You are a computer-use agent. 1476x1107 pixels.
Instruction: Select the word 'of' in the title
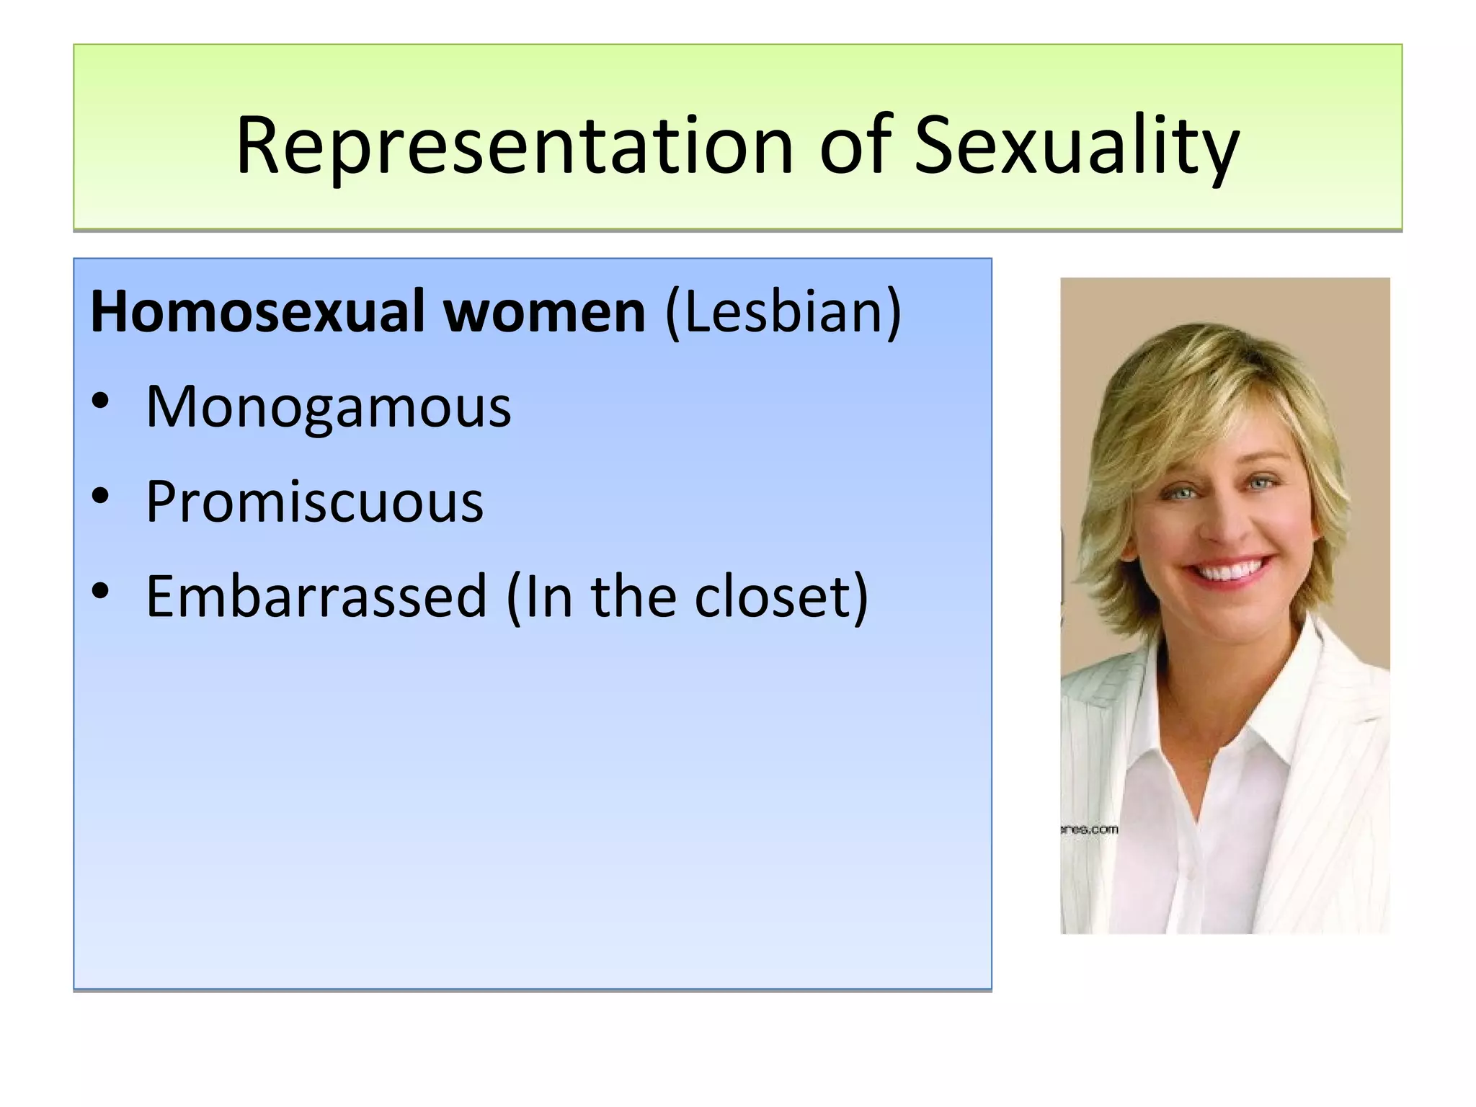[x=855, y=146]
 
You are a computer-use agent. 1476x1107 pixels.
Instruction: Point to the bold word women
[x=544, y=311]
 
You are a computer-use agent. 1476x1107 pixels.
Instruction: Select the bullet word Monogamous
[x=328, y=407]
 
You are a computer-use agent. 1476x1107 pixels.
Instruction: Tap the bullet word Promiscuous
[x=314, y=502]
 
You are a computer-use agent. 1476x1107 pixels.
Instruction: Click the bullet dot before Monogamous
[x=100, y=401]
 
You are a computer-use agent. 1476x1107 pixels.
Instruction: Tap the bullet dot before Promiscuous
[x=100, y=496]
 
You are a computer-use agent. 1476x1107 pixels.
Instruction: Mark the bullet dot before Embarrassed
[x=100, y=591]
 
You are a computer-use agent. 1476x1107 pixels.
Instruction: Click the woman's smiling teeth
[x=1230, y=572]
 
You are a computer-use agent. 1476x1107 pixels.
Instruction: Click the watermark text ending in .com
[x=1090, y=830]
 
